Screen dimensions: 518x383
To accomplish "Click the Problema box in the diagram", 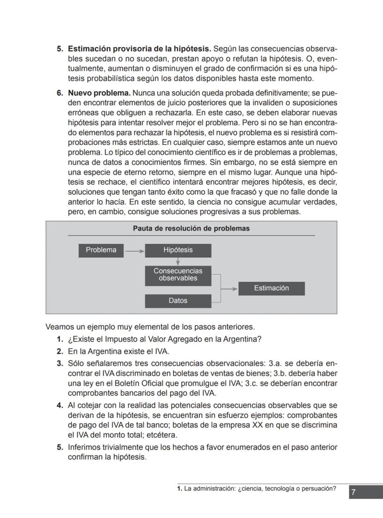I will (101, 250).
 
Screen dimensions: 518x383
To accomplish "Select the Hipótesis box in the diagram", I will (178, 250).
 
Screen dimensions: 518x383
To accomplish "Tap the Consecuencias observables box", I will (178, 275).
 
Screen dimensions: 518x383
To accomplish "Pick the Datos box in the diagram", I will (178, 301).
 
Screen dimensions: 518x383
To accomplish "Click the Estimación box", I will (272, 288).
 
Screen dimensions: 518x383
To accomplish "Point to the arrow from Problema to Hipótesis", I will (135, 251).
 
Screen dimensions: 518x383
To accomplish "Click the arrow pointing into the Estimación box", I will (230, 288).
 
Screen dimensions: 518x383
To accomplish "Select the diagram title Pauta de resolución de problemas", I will (191, 228).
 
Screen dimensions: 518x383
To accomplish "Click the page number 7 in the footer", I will (353, 492).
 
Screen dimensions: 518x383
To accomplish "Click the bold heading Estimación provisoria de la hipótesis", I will (139, 49).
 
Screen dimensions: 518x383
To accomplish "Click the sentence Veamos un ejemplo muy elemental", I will (150, 326).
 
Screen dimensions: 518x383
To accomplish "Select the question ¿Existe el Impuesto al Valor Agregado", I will (164, 339).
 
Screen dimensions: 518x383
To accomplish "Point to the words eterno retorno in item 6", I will (131, 172).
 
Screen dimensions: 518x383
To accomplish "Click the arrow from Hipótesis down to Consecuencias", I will (178, 262).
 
